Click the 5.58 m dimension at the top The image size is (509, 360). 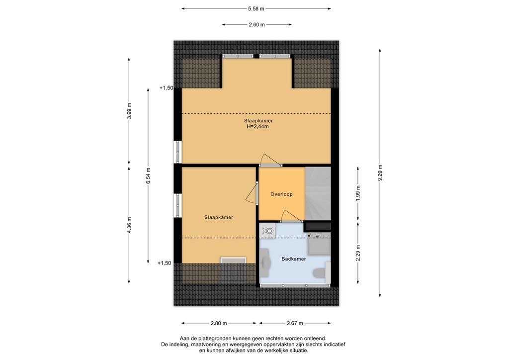tap(256, 8)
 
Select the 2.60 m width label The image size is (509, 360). tap(256, 24)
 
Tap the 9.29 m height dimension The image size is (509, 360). tap(380, 173)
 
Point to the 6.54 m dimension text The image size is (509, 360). tap(148, 176)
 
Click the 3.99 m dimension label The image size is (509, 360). tap(129, 111)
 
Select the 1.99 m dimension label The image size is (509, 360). tap(358, 192)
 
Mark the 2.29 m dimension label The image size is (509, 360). tap(358, 254)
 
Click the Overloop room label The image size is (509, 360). tap(281, 194)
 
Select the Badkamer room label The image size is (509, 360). tap(293, 259)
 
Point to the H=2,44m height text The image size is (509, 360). tap(258, 126)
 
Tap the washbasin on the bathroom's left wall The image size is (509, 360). tap(265, 262)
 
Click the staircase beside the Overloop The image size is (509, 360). tap(318, 194)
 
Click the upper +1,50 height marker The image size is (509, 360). tap(166, 88)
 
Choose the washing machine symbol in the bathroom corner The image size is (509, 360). tap(268, 230)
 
